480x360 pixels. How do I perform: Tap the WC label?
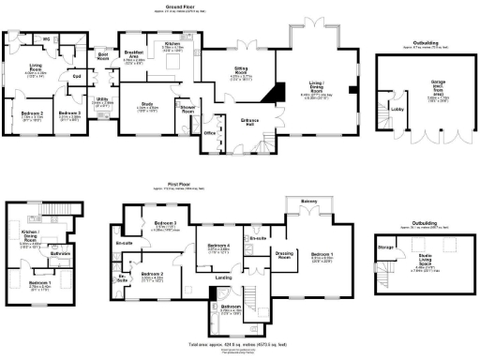click(45, 38)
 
